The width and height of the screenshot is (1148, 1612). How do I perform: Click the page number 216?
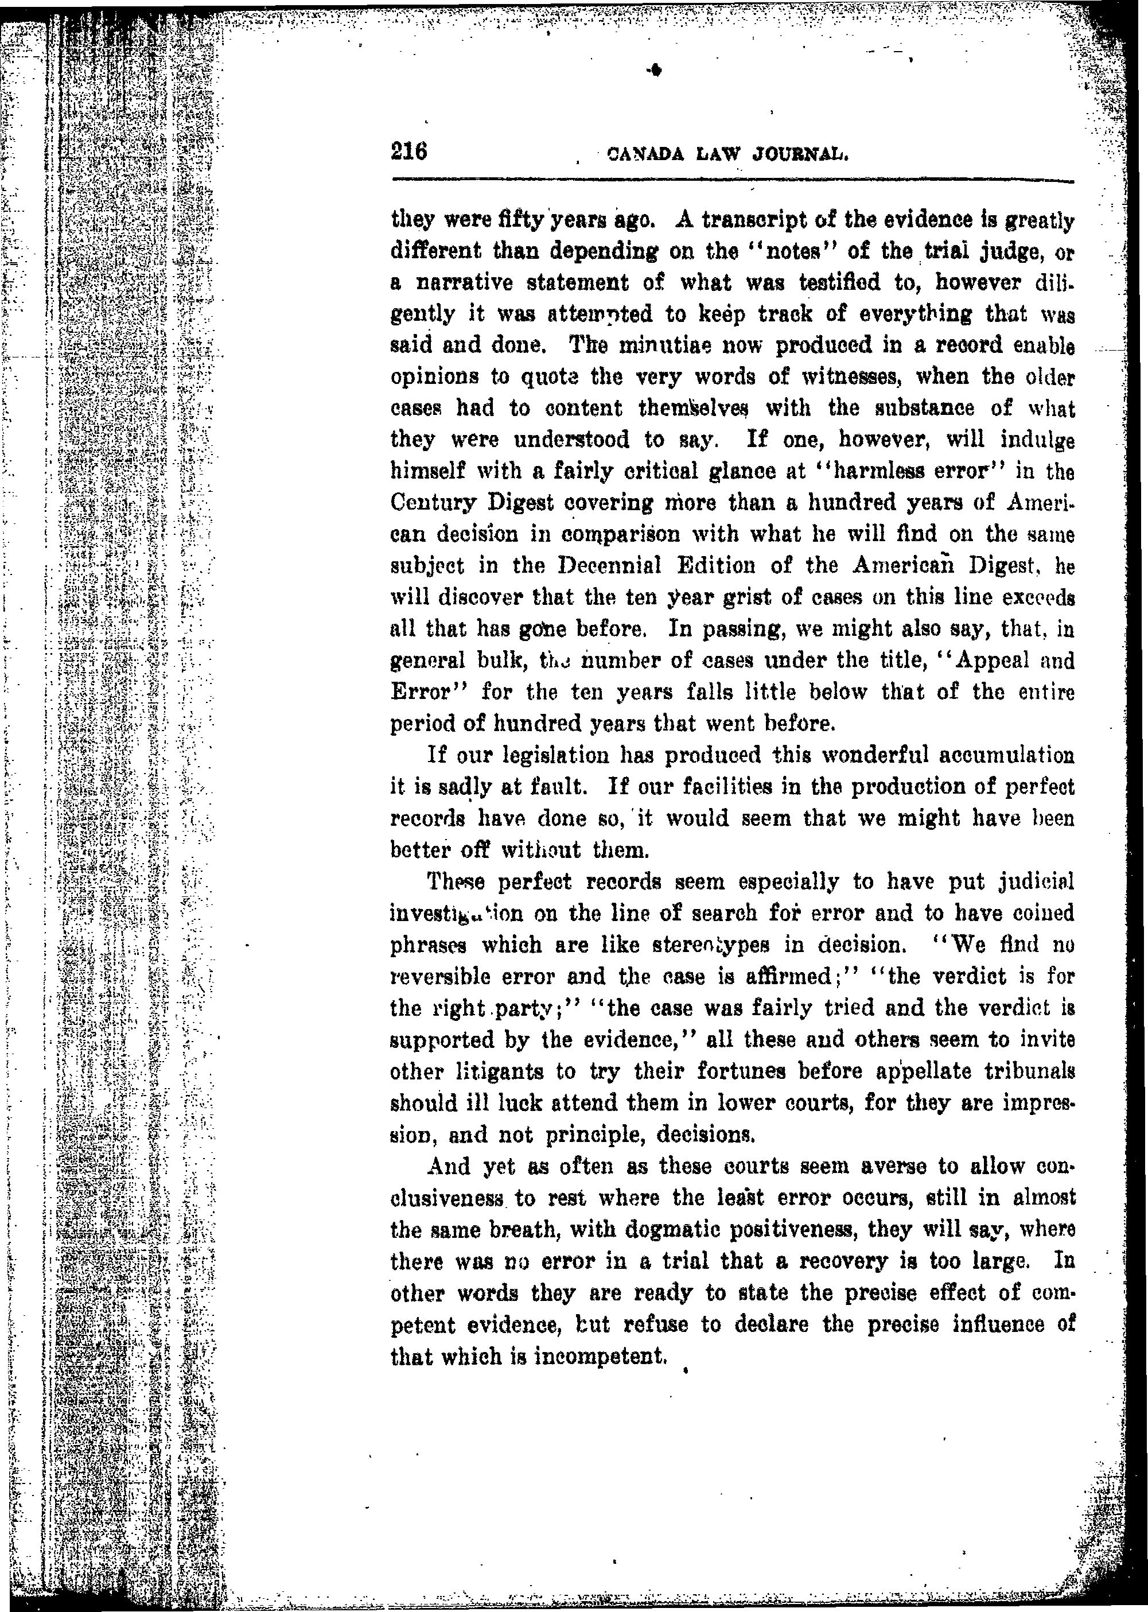pos(409,152)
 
